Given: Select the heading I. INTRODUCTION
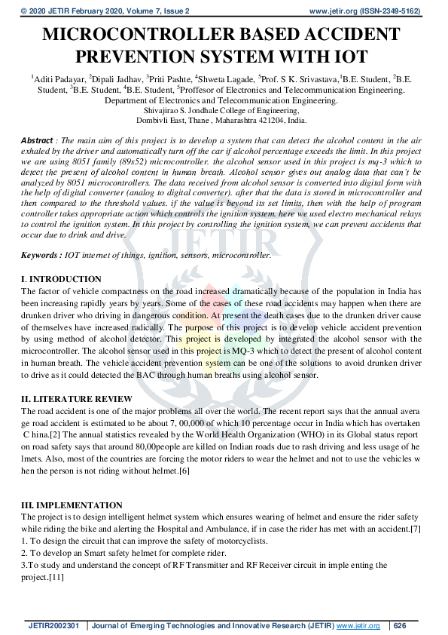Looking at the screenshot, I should coord(61,279).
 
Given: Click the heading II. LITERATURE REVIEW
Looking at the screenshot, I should coord(77,399).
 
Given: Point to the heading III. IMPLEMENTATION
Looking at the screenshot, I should coord(72,505).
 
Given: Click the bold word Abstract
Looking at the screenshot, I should coord(37,141).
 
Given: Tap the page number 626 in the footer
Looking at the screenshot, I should coord(400,626).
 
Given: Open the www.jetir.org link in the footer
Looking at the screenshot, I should coord(358,626).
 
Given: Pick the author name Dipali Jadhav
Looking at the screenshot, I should coord(117,78).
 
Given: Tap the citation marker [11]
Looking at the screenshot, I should coord(55,577).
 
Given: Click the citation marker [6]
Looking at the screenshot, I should coord(183,470).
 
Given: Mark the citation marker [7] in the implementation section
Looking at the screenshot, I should coord(413,528).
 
